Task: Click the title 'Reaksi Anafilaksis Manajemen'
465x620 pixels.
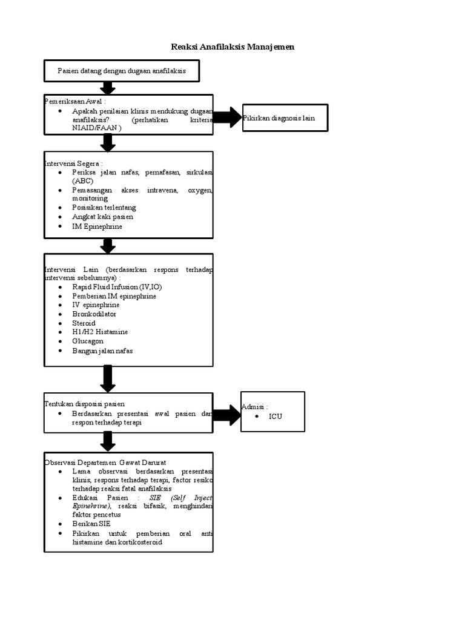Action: (232, 47)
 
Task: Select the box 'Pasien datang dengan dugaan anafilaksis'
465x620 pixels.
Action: (122, 71)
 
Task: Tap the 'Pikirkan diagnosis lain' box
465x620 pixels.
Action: (285, 118)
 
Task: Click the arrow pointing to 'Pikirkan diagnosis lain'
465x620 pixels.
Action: (228, 117)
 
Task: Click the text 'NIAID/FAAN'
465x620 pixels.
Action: (94, 128)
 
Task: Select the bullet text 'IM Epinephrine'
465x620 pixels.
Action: (97, 226)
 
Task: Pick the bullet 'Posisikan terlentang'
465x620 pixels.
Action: (104, 208)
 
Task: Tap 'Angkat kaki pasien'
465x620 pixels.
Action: (102, 217)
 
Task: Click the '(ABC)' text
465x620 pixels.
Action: (82, 181)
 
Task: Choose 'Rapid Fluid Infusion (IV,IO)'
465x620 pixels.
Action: (117, 287)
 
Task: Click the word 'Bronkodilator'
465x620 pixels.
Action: (94, 314)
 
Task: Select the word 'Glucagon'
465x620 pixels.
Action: (88, 341)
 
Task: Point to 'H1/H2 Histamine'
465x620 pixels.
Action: (100, 332)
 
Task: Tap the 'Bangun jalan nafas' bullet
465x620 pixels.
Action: (102, 351)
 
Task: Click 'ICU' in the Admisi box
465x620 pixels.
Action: (275, 417)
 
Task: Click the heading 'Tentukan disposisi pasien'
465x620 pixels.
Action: (84, 404)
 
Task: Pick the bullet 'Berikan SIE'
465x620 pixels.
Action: (91, 524)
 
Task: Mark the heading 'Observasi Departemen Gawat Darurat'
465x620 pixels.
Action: (105, 463)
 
